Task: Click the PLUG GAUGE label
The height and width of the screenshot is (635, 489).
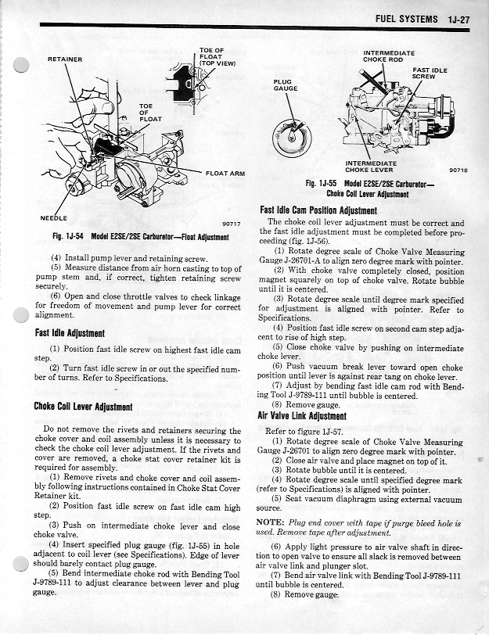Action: click(285, 84)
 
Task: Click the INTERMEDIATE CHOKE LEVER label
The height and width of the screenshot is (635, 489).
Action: click(370, 166)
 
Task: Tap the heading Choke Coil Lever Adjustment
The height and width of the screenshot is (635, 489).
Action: click(83, 407)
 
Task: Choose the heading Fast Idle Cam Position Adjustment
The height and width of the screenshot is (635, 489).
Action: click(318, 210)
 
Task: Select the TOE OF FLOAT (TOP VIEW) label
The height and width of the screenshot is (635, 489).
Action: click(212, 56)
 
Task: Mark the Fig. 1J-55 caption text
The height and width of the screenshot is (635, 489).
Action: click(370, 188)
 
